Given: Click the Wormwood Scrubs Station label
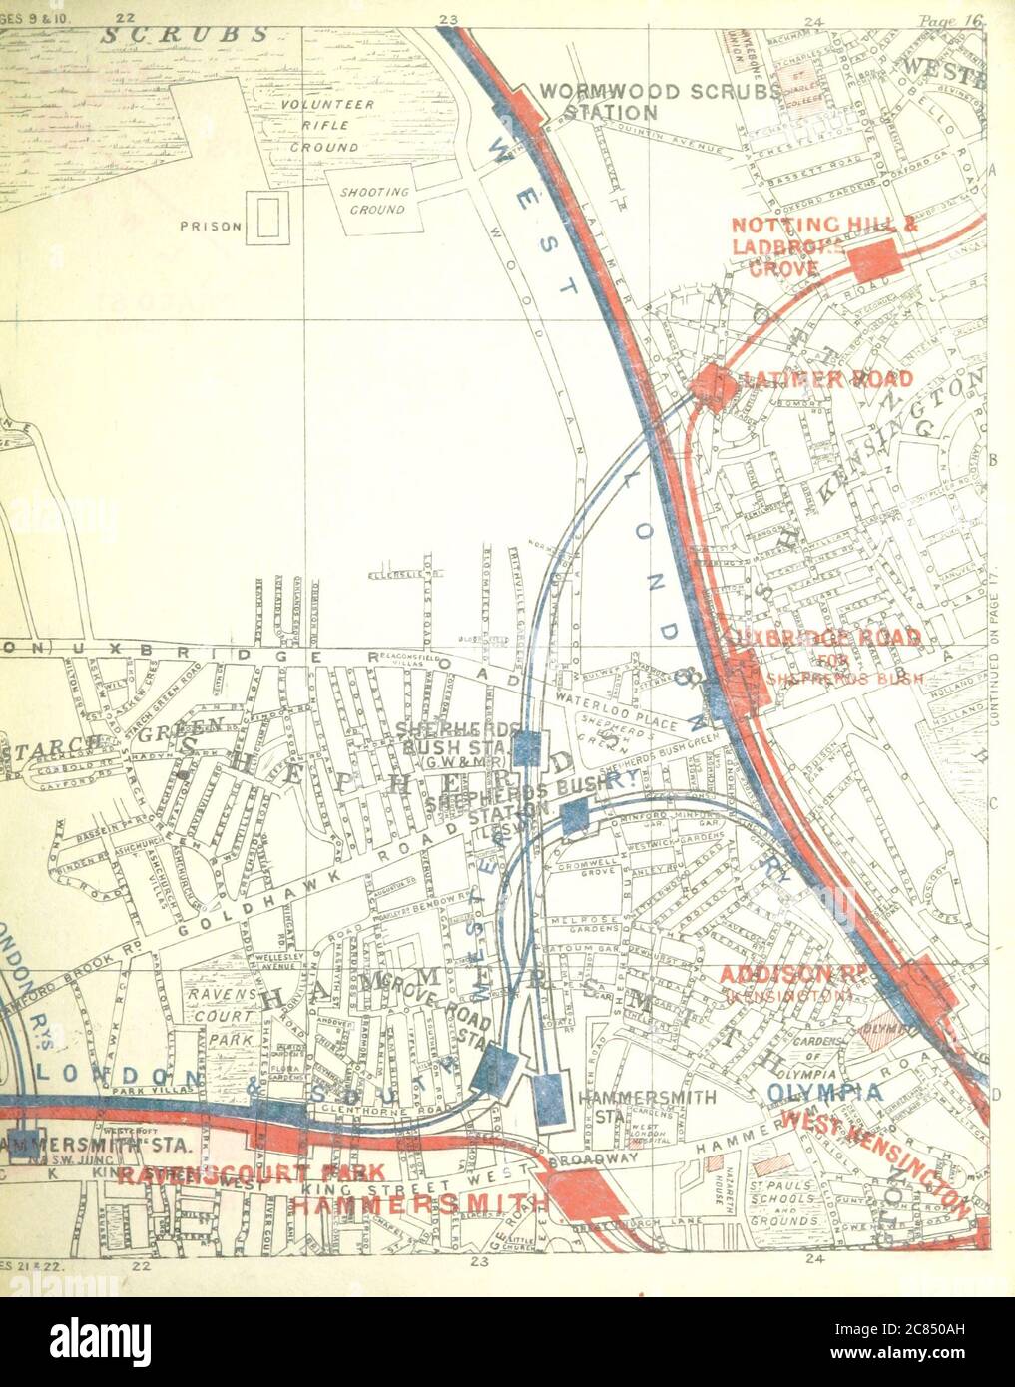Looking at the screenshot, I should (x=659, y=101).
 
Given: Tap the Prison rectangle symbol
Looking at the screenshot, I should (x=266, y=218).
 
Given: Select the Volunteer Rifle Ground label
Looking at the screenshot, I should (x=325, y=126).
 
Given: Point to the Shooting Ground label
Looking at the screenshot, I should (x=374, y=201).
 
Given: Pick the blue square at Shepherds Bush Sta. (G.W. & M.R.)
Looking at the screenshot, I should (x=527, y=746).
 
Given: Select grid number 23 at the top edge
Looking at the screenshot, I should (x=448, y=19).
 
